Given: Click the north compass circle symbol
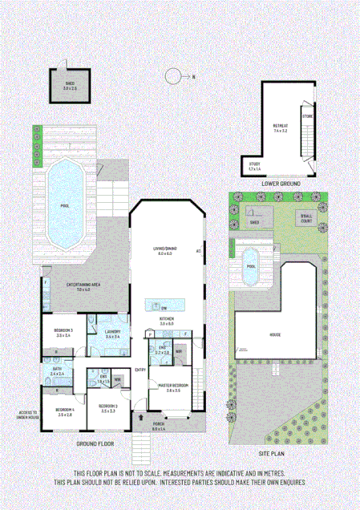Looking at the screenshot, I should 172,77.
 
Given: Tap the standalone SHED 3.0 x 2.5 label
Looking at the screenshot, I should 70,86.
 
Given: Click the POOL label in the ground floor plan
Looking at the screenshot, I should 65,204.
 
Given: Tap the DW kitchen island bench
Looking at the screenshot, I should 164,306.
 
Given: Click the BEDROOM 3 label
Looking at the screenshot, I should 63,333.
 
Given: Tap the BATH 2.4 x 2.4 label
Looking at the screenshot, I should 58,372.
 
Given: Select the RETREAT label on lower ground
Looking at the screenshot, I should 280,127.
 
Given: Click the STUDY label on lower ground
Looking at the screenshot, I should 255,167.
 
